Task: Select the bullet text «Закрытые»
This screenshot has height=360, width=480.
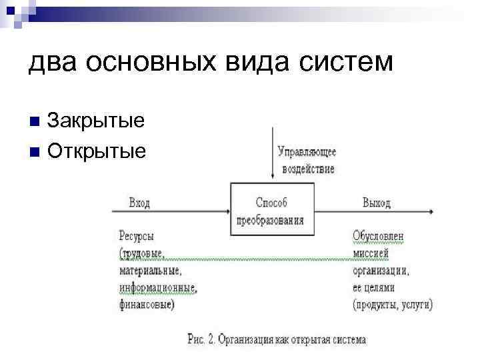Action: tap(96, 121)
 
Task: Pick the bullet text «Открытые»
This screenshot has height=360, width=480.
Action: tap(97, 151)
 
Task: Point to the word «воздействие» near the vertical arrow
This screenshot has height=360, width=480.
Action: tap(307, 169)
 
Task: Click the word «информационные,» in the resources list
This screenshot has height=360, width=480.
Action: tap(158, 288)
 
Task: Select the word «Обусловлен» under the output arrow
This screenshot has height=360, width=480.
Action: tap(378, 236)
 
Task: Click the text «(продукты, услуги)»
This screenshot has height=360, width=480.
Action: tap(393, 305)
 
